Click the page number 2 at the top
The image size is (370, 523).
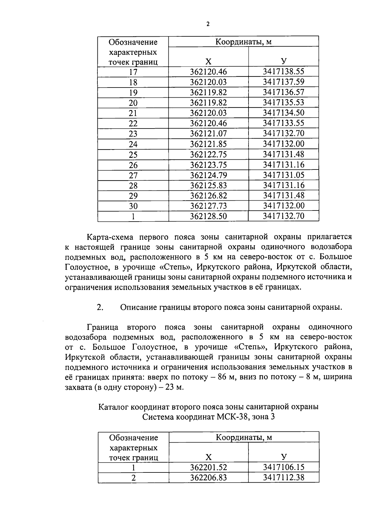[208, 24]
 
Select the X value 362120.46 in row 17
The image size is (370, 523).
[208, 72]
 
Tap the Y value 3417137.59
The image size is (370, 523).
[283, 82]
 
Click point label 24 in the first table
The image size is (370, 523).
[133, 144]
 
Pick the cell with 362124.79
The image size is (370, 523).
[208, 175]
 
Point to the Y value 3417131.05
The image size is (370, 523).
[283, 175]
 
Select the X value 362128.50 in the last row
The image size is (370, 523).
[208, 216]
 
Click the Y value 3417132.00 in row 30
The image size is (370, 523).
[283, 206]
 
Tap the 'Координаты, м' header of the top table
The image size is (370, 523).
[243, 42]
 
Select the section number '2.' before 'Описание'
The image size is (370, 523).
[100, 307]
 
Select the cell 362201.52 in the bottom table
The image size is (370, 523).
[208, 468]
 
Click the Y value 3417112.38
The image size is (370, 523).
[283, 478]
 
